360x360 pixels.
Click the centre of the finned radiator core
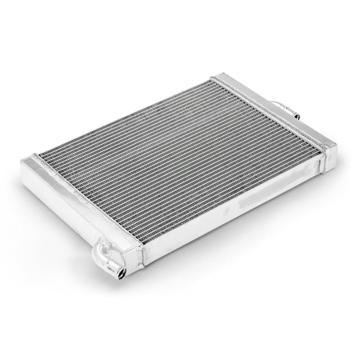(179, 158)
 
